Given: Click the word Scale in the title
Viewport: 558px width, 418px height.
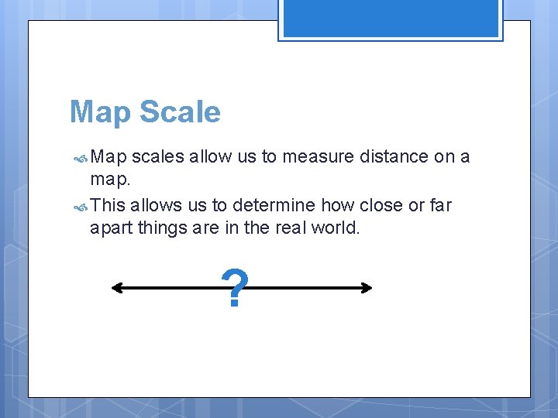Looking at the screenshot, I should coord(180,112).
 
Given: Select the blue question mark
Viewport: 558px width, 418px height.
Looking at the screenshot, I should coord(234,289).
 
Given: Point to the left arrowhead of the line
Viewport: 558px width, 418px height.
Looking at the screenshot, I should coord(117,288).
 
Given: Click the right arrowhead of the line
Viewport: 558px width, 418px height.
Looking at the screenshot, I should coord(367,288).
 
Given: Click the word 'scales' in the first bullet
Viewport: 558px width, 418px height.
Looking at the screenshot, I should coord(158,156).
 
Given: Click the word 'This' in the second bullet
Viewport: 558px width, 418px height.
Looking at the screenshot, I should coord(108,205).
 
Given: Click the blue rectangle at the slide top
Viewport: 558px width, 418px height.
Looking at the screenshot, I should coord(391,19).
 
